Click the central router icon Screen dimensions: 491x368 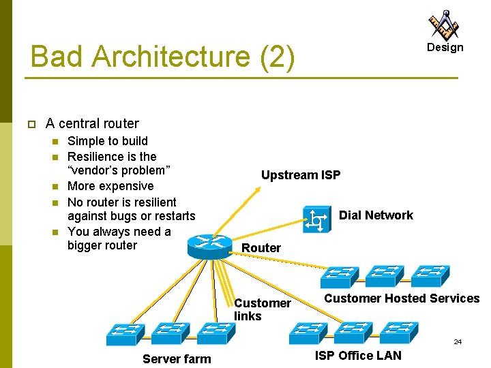click(x=210, y=247)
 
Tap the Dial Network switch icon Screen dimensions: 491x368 click(x=317, y=219)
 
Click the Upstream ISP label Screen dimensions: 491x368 click(x=301, y=175)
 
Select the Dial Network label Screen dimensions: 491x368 click(x=376, y=215)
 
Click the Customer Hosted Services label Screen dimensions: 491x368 click(x=402, y=298)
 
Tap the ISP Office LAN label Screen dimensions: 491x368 click(x=358, y=356)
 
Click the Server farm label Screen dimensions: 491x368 click(x=177, y=358)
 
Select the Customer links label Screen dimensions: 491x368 click(x=263, y=309)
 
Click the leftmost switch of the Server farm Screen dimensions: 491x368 click(x=125, y=335)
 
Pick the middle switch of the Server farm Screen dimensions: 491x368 click(x=170, y=333)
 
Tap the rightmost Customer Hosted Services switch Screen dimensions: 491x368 click(x=430, y=276)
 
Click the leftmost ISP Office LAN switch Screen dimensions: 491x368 click(x=308, y=333)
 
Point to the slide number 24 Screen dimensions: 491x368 click(x=458, y=341)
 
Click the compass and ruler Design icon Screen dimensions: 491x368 click(x=444, y=25)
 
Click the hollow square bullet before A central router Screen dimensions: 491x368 click(x=31, y=124)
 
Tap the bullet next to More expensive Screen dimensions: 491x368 click(x=55, y=187)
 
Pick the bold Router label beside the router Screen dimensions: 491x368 click(x=261, y=248)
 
